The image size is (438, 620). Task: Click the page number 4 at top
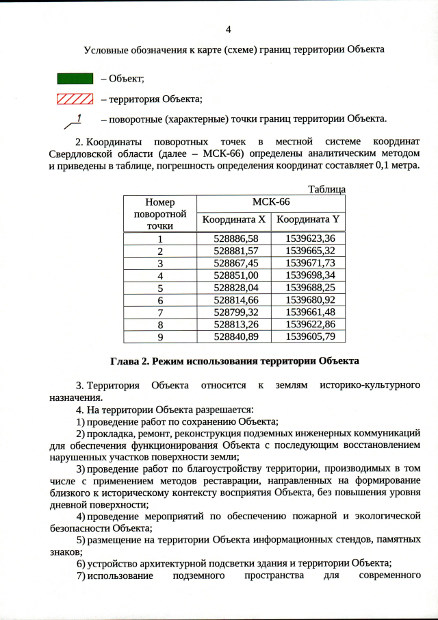[229, 29]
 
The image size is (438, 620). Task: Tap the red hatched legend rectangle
[74, 99]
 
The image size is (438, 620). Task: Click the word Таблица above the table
[326, 189]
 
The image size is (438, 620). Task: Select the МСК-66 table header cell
[271, 203]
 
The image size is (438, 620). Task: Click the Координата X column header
[233, 220]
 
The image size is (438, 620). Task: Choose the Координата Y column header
[307, 220]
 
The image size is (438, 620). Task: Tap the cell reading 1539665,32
[308, 250]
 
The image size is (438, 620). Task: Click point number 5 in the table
[159, 288]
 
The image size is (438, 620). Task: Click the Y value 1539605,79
[308, 336]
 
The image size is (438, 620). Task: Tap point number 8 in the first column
[159, 324]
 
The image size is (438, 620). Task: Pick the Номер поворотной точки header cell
[159, 213]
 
